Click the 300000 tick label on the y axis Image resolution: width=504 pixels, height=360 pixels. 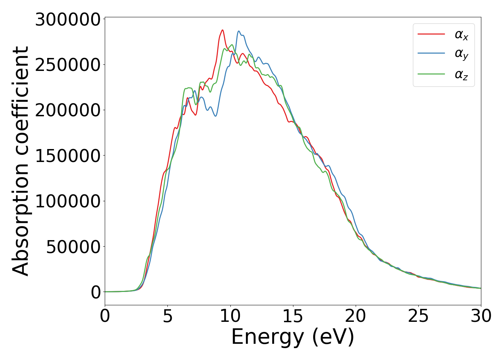(67, 19)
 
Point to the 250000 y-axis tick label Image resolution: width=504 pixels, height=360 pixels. (67, 65)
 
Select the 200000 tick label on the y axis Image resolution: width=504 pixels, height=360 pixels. (67, 110)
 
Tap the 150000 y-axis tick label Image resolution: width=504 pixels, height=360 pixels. (67, 156)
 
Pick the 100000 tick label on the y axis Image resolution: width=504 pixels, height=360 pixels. (67, 201)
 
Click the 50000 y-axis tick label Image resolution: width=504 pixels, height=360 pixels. (73, 247)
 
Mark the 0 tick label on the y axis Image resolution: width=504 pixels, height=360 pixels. (96, 292)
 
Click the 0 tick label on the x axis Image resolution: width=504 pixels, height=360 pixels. (105, 316)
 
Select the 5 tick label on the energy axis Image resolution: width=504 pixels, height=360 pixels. (168, 316)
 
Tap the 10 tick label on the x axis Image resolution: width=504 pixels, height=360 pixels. (230, 316)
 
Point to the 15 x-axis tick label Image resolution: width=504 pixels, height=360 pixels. (293, 316)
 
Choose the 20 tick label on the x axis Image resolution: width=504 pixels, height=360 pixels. (356, 316)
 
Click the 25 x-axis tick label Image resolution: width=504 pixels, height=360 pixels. (418, 316)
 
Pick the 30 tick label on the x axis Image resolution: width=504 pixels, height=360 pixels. (481, 316)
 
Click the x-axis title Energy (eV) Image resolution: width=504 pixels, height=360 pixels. (293, 337)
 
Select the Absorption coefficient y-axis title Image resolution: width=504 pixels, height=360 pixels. (21, 161)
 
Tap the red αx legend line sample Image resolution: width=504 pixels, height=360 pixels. (431, 34)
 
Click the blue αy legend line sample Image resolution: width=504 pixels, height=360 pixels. (431, 53)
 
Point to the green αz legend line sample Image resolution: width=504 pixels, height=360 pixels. (431, 74)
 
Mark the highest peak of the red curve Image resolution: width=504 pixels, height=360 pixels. (222, 30)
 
